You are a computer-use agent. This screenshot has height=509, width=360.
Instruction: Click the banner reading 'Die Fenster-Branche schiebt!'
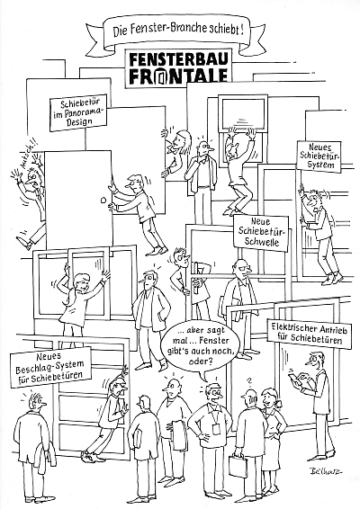point(177,31)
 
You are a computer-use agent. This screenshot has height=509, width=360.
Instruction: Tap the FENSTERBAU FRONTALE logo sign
point(178,68)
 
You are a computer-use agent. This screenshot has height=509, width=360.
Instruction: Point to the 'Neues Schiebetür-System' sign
point(320,156)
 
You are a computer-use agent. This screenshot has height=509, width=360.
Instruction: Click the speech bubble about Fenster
point(202,345)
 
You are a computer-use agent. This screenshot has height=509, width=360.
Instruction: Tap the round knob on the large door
point(104,200)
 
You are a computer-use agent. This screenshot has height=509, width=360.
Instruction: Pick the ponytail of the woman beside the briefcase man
point(278,404)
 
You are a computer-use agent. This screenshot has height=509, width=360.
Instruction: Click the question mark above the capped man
point(249,381)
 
